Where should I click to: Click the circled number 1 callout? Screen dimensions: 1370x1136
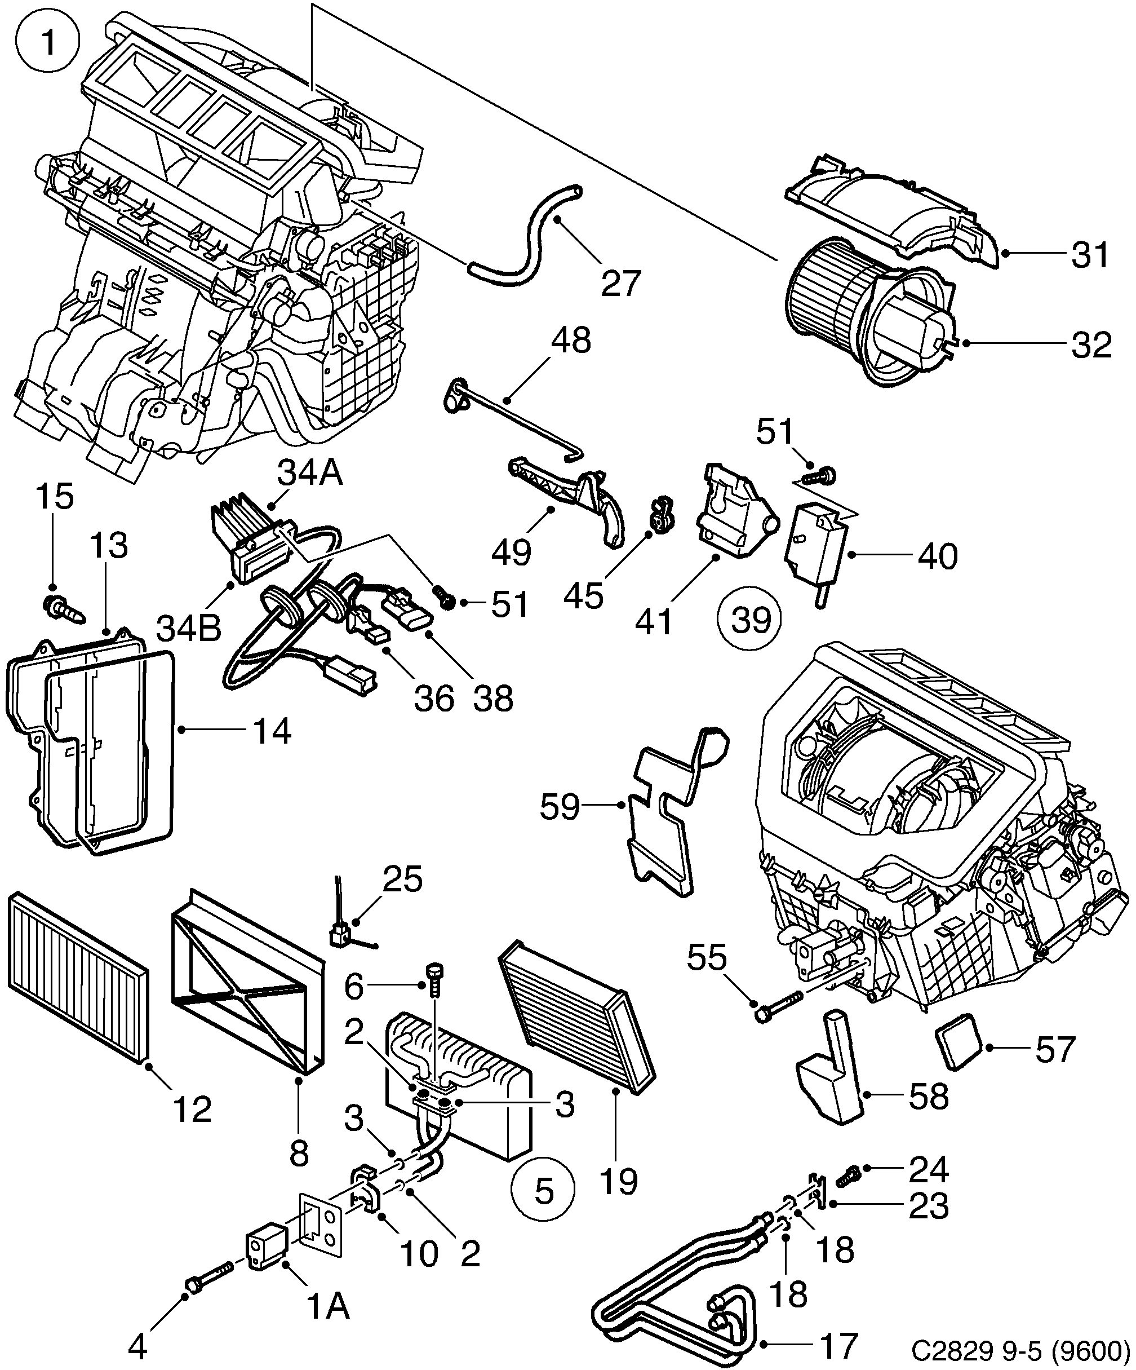(49, 45)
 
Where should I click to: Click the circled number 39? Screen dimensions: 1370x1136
(751, 619)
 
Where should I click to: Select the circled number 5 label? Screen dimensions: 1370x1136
(543, 1191)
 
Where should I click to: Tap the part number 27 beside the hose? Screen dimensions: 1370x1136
(620, 283)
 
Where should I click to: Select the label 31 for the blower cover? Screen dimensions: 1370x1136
(1090, 254)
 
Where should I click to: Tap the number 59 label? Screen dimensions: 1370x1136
(560, 807)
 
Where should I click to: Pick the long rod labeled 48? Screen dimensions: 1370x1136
(515, 418)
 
